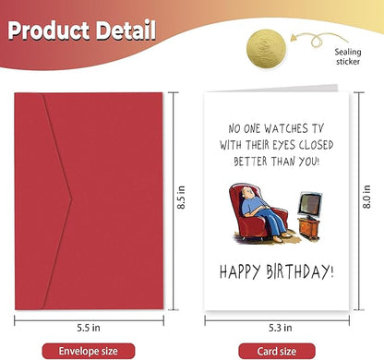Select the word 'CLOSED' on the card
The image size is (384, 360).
click(x=306, y=145)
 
